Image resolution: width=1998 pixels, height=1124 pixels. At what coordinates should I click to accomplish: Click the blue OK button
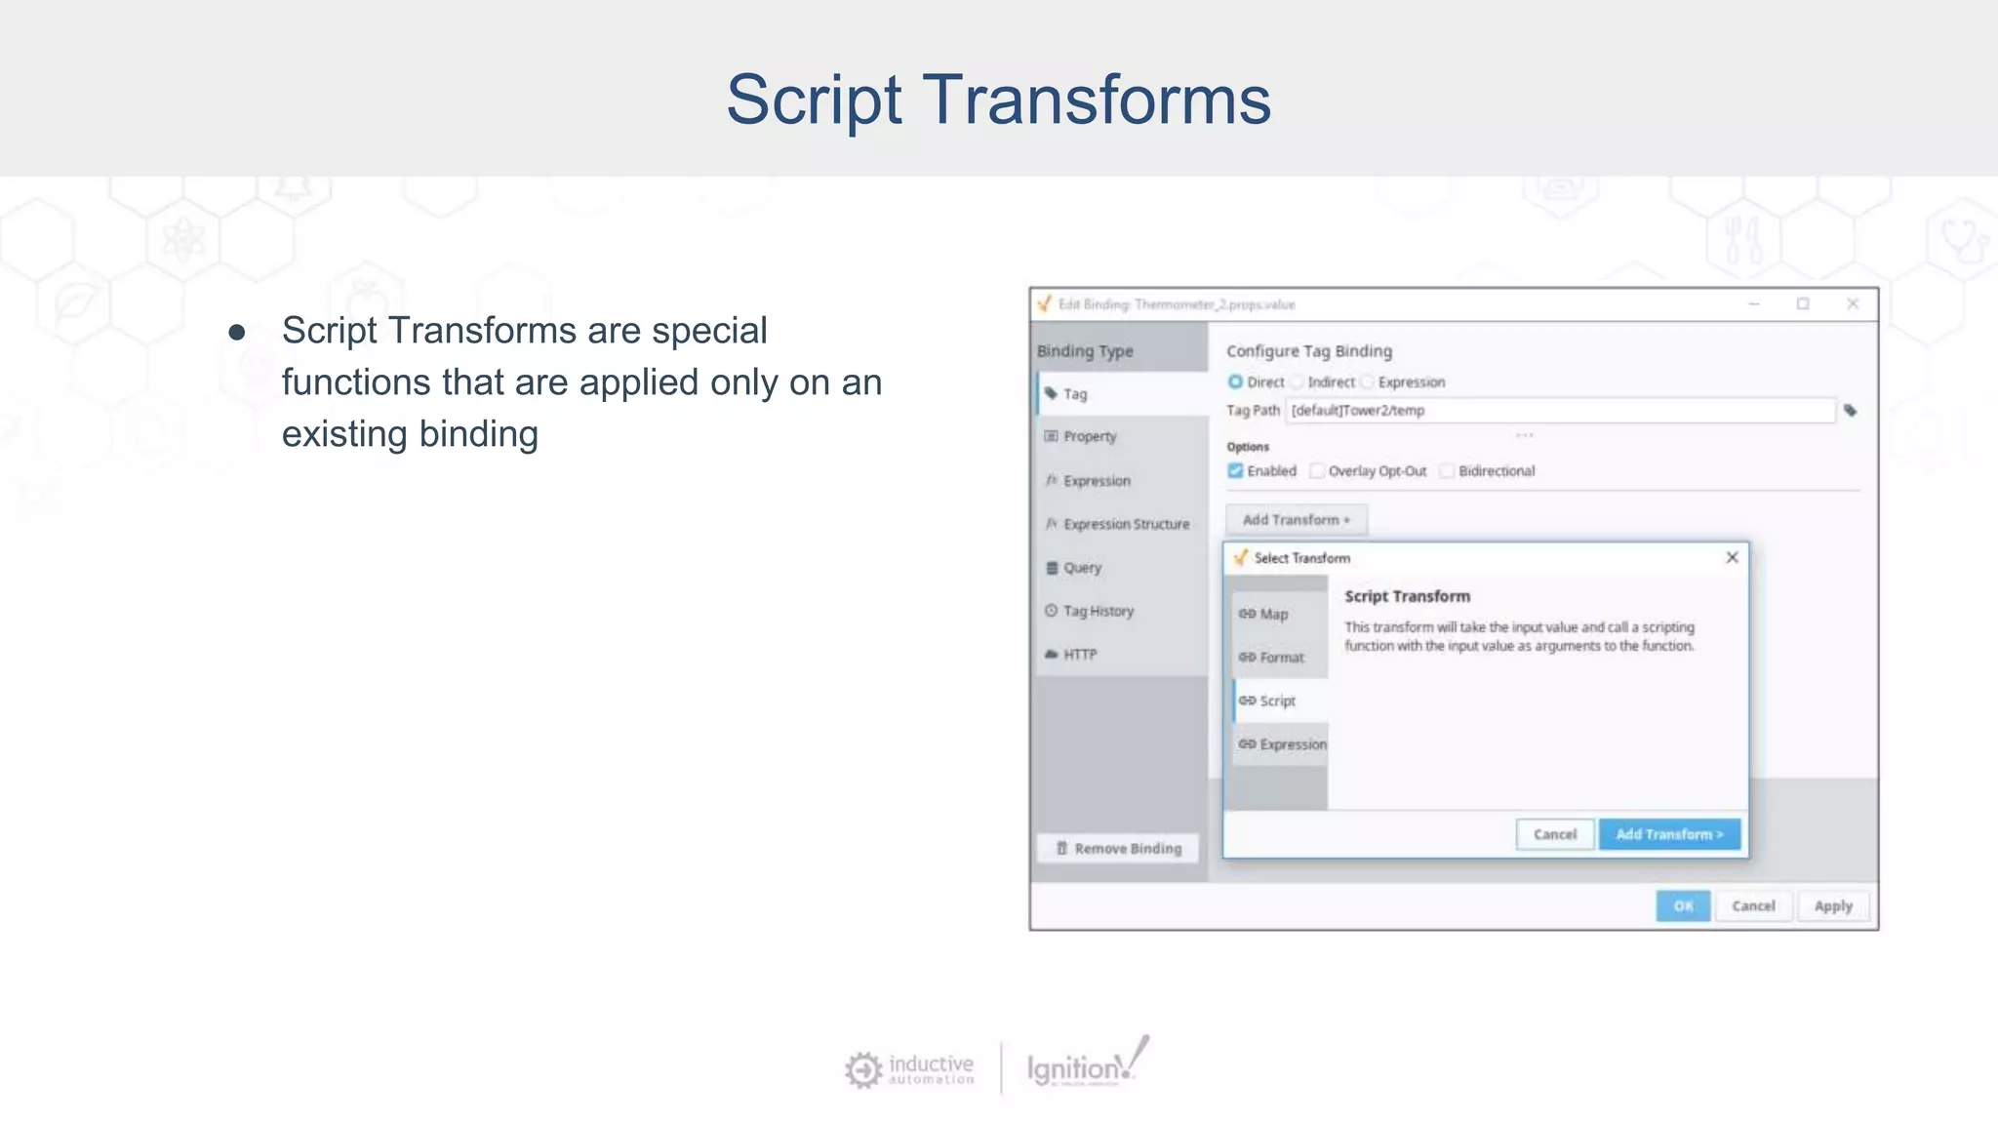point(1682,905)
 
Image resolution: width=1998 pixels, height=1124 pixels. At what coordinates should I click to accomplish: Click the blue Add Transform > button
point(1669,834)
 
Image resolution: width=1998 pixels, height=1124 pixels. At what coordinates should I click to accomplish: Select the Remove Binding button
point(1118,849)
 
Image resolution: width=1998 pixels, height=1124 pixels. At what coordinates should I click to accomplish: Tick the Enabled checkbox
point(1235,471)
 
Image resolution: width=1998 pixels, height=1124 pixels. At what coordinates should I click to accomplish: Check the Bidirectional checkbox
point(1447,471)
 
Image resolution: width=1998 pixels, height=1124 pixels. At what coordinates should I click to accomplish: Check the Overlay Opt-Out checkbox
point(1317,471)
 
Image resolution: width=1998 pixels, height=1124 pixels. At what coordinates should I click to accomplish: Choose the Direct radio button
point(1235,381)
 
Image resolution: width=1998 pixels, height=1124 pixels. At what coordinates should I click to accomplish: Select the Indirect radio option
point(1298,381)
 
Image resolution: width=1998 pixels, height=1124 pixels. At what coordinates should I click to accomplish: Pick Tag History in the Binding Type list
point(1098,611)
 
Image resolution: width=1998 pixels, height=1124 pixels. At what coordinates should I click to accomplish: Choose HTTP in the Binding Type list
point(1079,654)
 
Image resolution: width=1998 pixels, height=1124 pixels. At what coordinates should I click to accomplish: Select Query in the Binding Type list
point(1081,567)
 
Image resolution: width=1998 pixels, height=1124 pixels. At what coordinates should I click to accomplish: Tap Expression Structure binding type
point(1125,524)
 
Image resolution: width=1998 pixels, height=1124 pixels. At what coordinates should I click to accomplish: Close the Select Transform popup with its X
point(1732,557)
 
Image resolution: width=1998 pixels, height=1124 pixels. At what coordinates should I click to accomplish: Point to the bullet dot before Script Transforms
point(236,333)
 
